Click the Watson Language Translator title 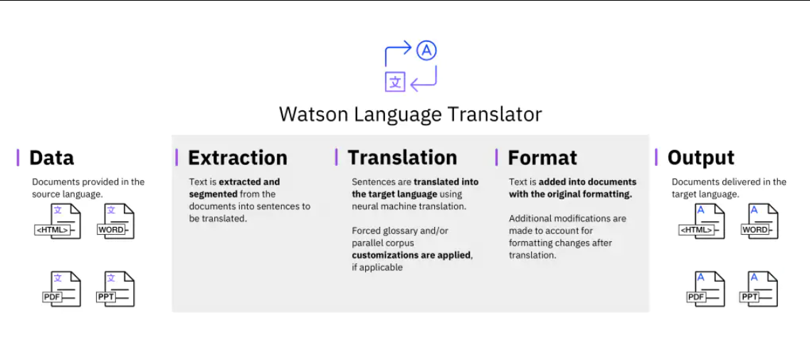coord(410,114)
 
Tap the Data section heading coord(51,157)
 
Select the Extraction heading coord(237,157)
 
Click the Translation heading coord(401,157)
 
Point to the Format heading coord(542,157)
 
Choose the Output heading coord(700,157)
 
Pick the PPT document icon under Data coord(117,289)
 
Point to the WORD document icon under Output coord(759,221)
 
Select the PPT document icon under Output coord(759,289)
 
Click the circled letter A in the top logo coord(426,51)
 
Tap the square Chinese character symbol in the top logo coord(395,82)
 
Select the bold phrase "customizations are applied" coord(411,255)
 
